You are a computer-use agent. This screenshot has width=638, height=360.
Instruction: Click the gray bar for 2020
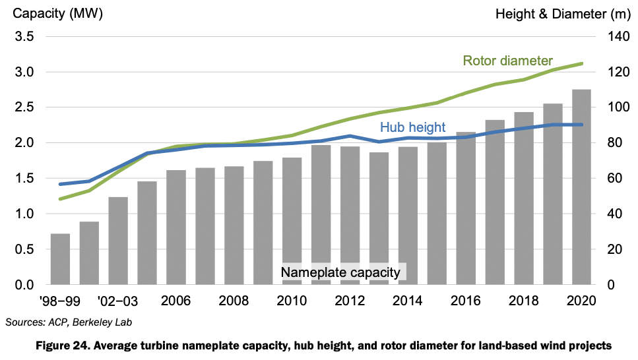tap(581, 187)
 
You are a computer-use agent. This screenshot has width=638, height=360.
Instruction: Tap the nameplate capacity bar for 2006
tap(176, 227)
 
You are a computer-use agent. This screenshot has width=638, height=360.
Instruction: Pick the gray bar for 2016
tap(465, 208)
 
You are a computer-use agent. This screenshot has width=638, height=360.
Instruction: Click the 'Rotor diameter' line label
tap(507, 61)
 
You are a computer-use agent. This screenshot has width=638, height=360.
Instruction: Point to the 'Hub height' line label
tap(412, 127)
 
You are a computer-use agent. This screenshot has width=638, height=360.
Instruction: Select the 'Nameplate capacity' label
tap(340, 272)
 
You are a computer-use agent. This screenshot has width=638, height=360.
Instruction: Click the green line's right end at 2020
tap(581, 63)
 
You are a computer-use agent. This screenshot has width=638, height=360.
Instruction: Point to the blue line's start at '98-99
tap(60, 184)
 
